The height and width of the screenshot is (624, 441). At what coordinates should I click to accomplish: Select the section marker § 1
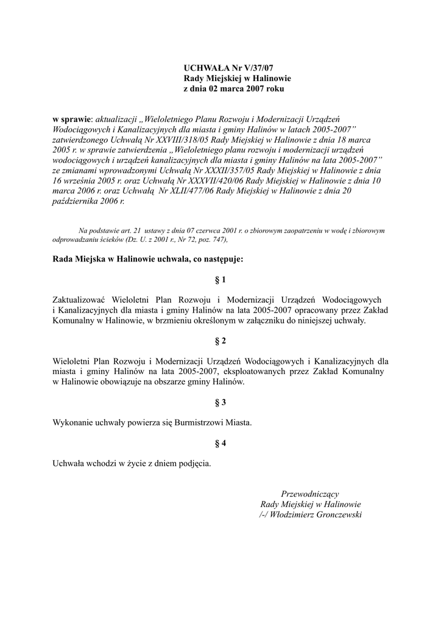coord(220,280)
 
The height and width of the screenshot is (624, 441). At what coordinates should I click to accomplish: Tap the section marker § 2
coord(220,340)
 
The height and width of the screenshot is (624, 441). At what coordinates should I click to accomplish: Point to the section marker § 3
coord(220,402)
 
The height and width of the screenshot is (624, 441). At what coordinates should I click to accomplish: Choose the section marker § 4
coord(220,444)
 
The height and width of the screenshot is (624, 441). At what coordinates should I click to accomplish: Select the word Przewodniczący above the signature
coord(310,494)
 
